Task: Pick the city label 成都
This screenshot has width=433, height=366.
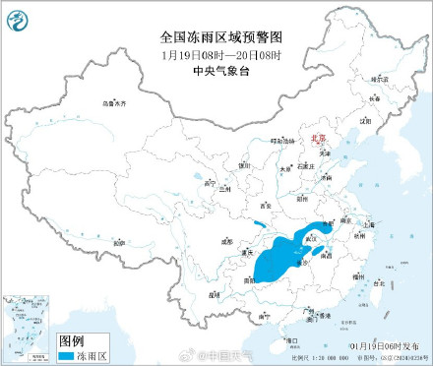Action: tap(227, 239)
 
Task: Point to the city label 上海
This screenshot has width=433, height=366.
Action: tap(368, 224)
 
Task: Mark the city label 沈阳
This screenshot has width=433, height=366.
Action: tap(365, 119)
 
